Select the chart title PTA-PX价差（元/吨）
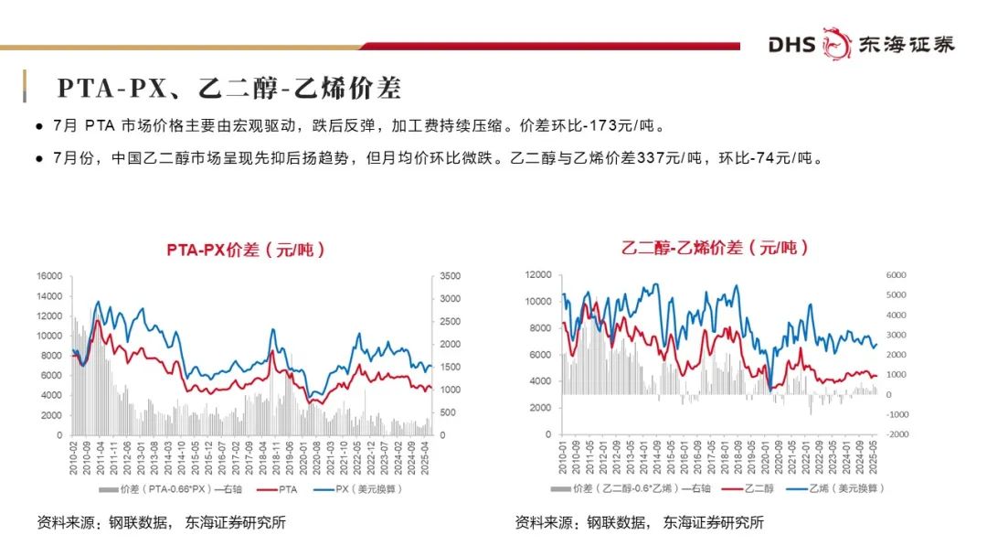click(x=245, y=250)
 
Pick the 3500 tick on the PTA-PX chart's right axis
click(x=450, y=276)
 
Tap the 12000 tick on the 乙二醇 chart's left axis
click(x=538, y=274)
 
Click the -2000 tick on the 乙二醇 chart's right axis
click(x=896, y=435)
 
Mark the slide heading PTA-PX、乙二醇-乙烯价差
click(x=228, y=89)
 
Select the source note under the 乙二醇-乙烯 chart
click(x=639, y=523)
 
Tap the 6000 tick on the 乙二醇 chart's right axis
click(x=896, y=274)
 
